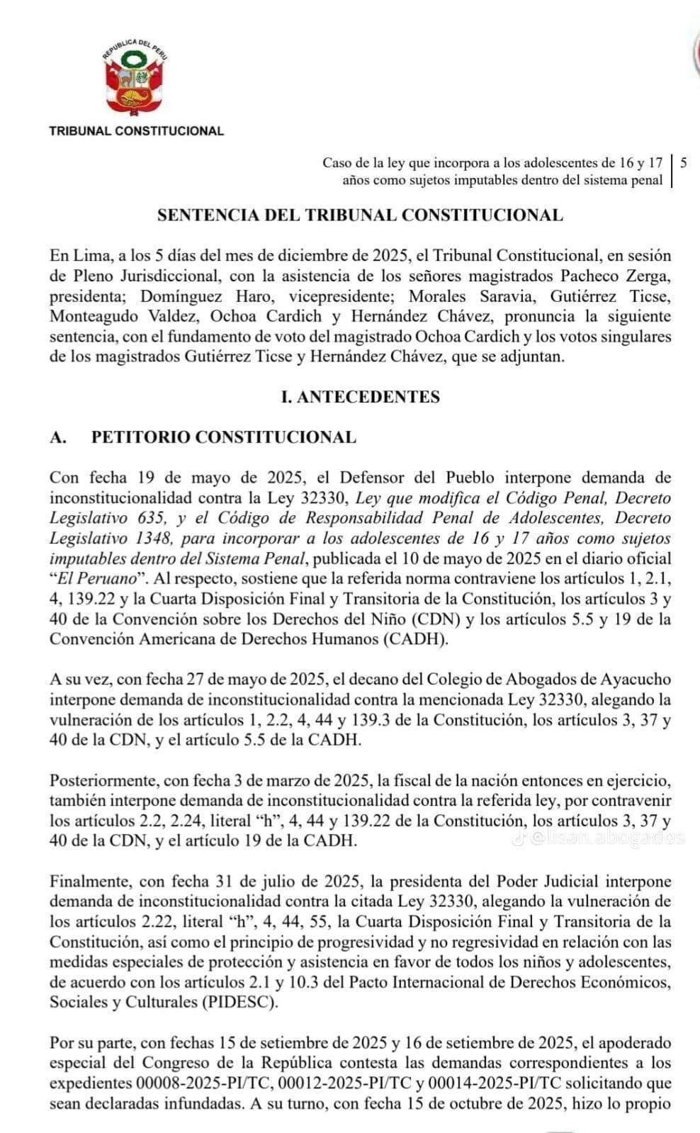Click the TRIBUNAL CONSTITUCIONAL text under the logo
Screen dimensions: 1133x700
136,131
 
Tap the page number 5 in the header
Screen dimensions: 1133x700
683,162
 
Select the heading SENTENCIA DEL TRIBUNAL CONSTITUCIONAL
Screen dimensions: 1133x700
360,215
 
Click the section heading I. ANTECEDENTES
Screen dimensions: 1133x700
360,397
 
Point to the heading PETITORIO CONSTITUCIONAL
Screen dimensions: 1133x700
223,437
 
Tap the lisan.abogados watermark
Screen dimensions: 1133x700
606,838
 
